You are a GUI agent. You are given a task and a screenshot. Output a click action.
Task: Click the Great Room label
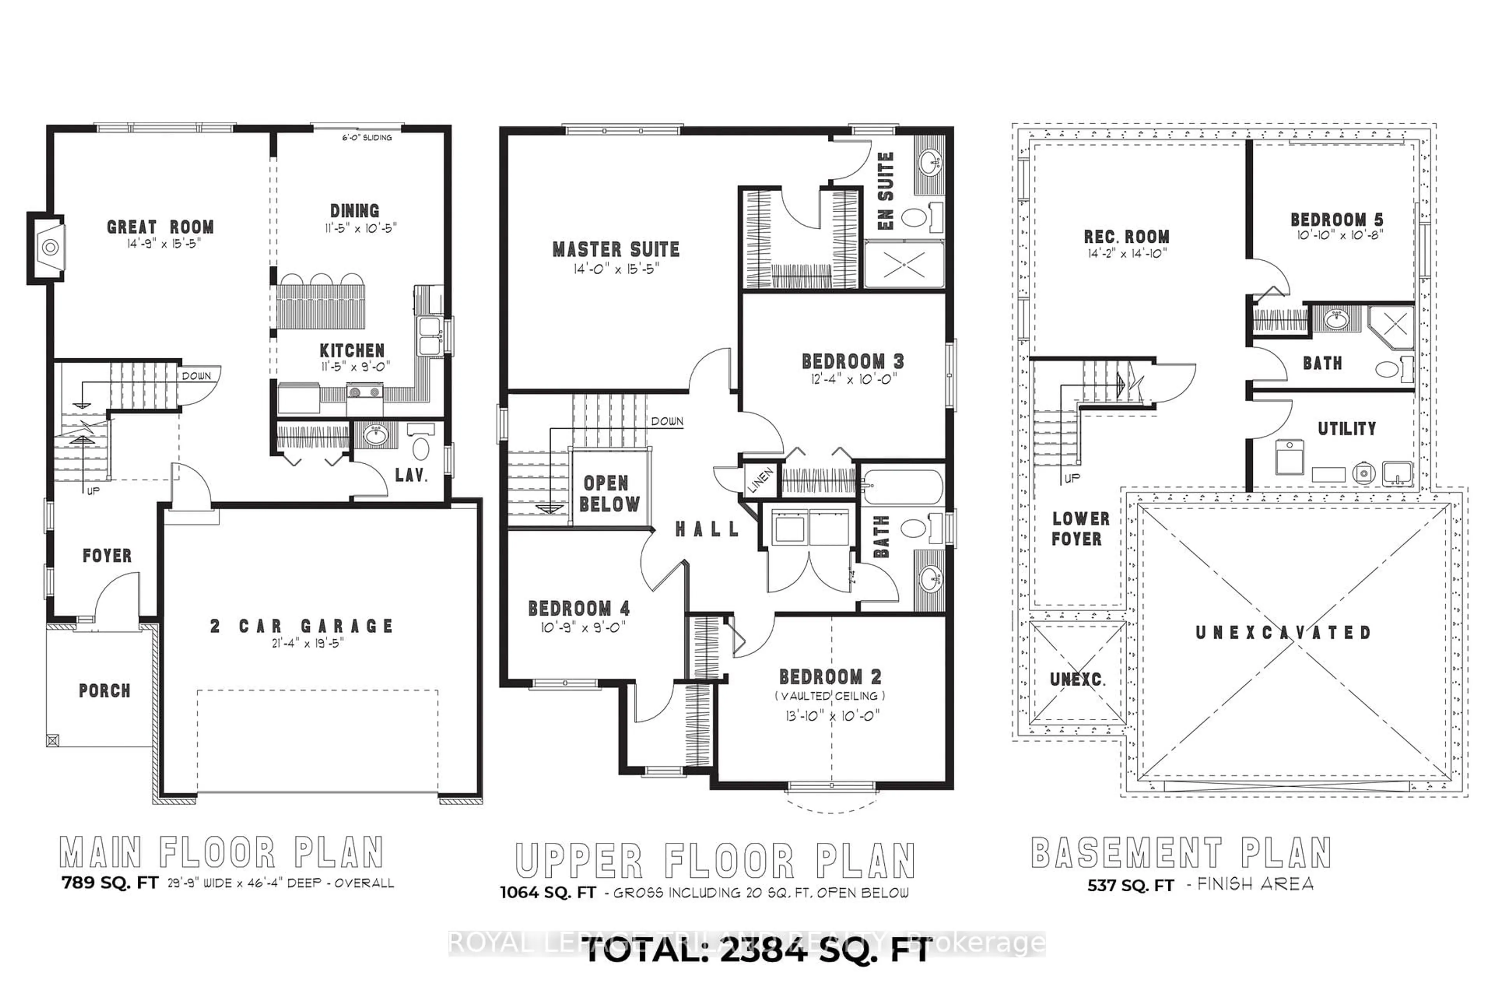pyautogui.click(x=160, y=227)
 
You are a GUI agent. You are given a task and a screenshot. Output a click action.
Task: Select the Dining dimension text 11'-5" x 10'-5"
pyautogui.click(x=360, y=228)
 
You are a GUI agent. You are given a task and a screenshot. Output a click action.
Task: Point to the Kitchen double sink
pyautogui.click(x=431, y=337)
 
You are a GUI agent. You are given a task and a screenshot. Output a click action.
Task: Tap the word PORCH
pyautogui.click(x=104, y=691)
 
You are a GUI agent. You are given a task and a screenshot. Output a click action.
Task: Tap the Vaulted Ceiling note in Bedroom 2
pyautogui.click(x=829, y=696)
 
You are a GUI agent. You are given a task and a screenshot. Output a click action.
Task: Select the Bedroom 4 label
pyautogui.click(x=579, y=608)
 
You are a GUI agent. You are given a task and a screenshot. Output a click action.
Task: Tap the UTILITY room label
pyautogui.click(x=1347, y=429)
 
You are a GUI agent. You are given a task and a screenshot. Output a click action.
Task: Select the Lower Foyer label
pyautogui.click(x=1080, y=528)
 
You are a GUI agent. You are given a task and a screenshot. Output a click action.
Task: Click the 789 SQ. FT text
pyautogui.click(x=109, y=883)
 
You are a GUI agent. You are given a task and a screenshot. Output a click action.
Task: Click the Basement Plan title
pyautogui.click(x=1181, y=853)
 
